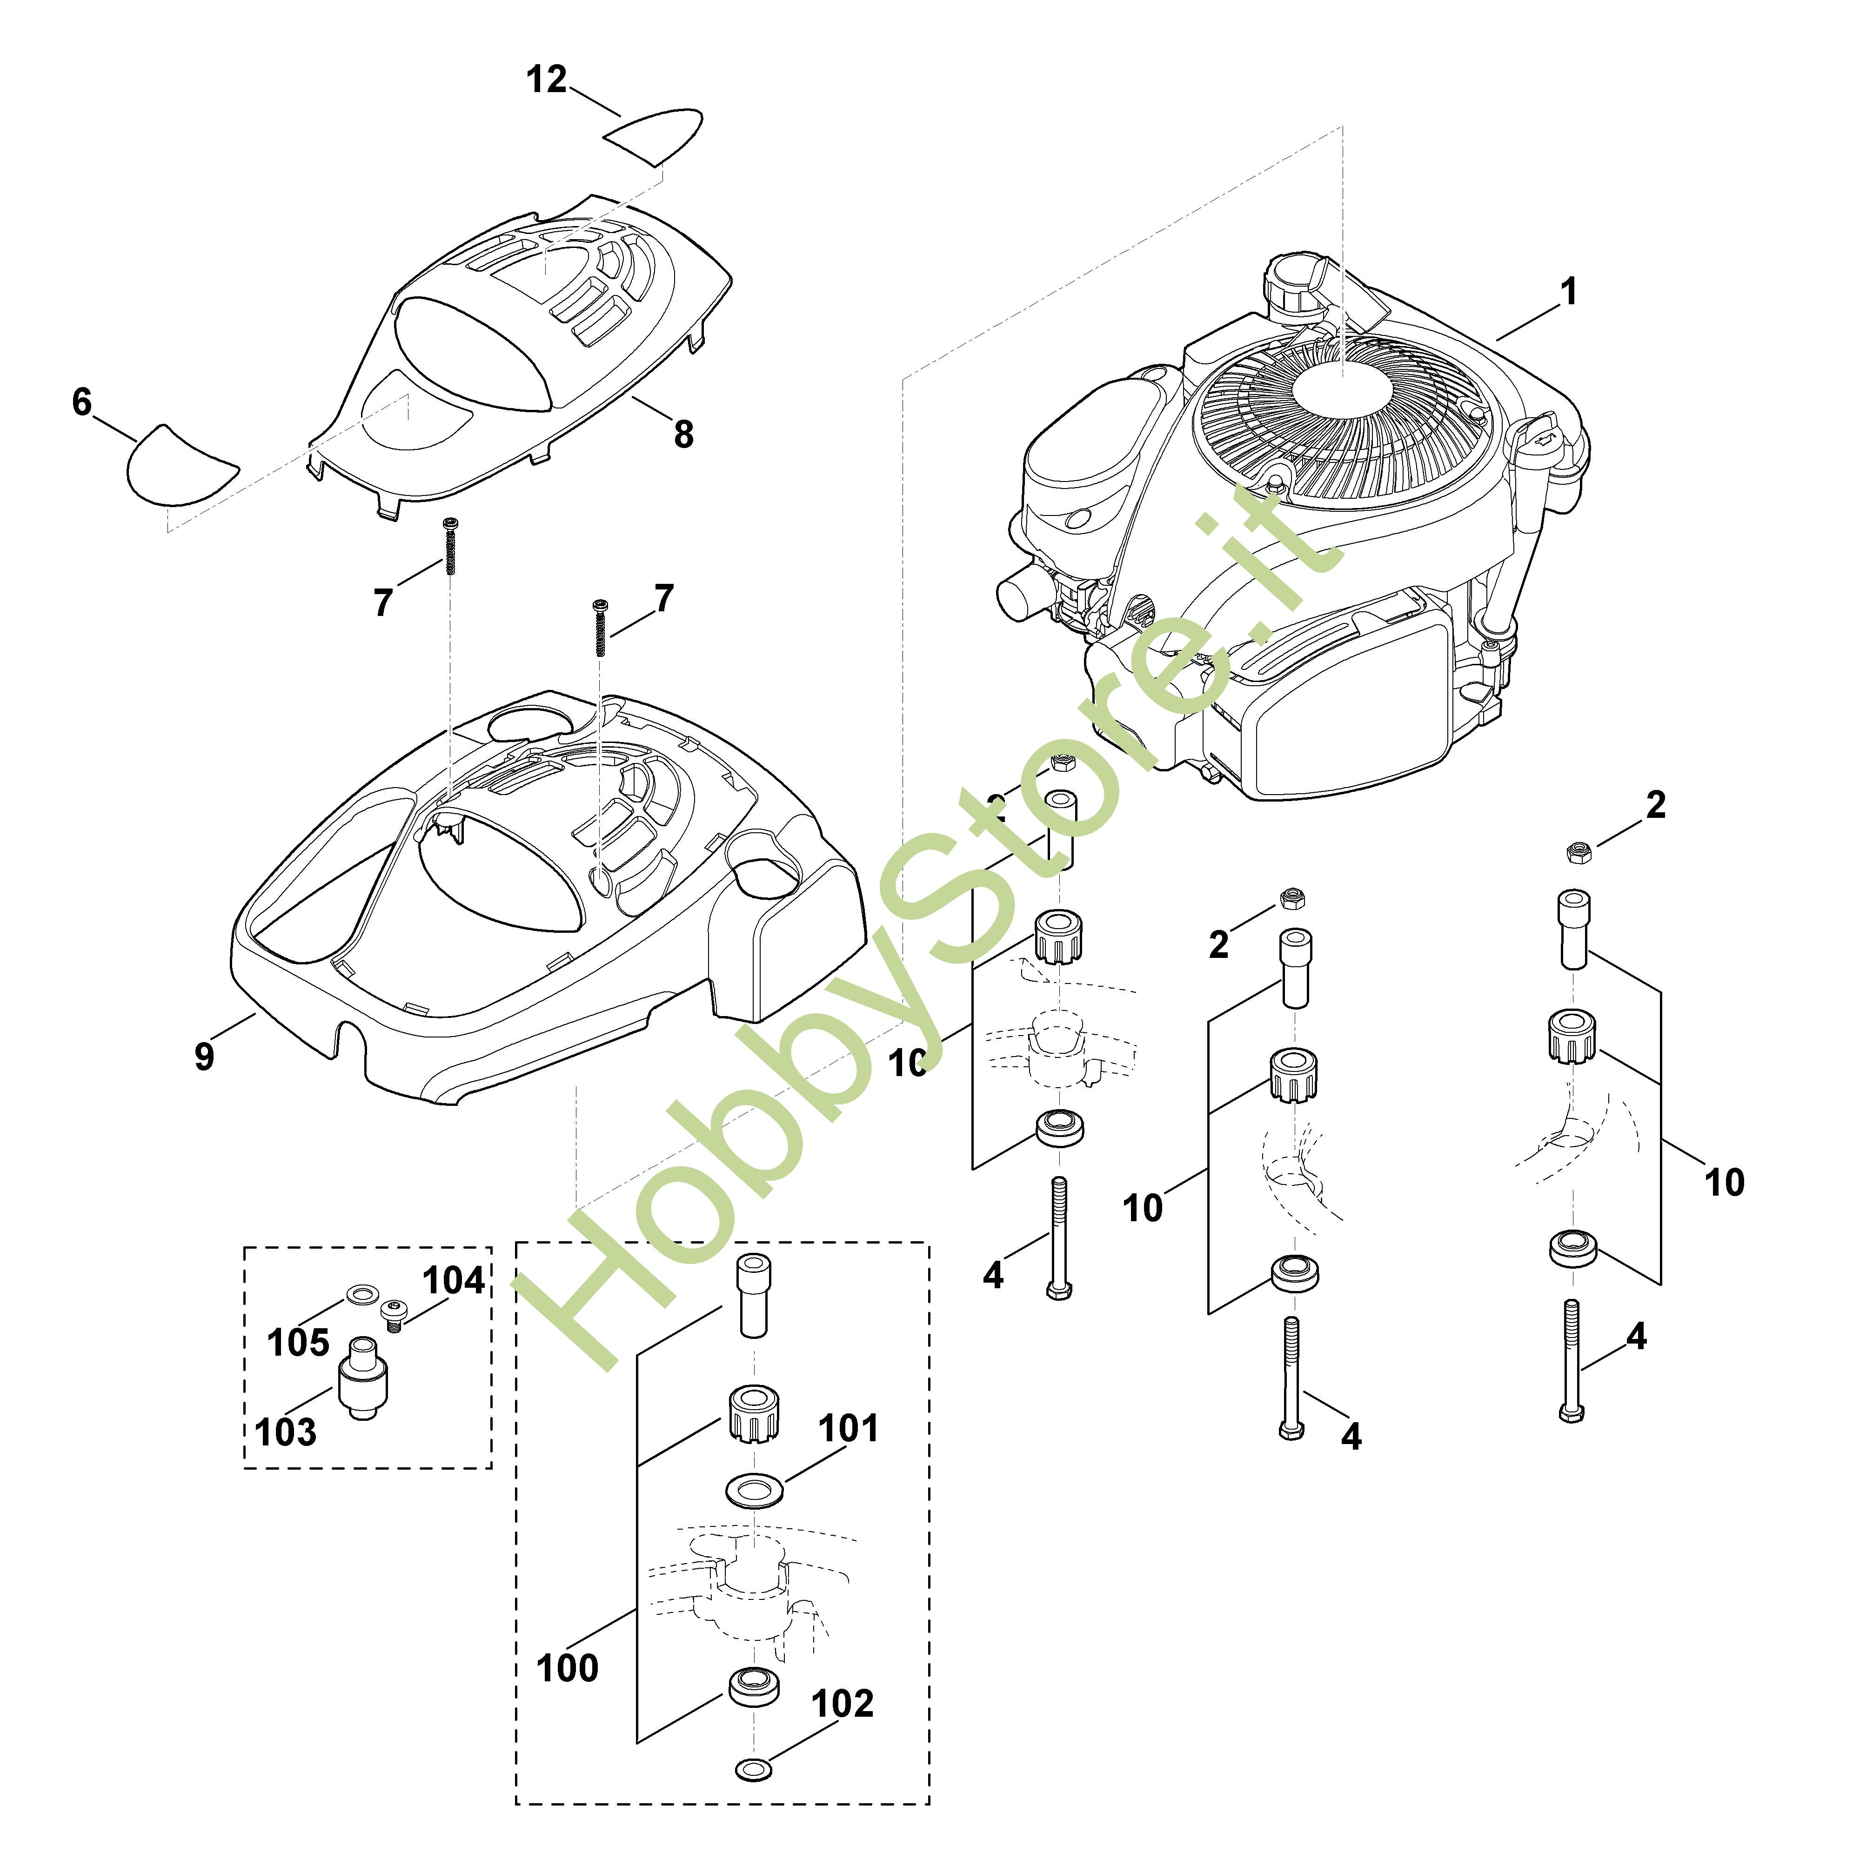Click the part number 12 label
[x=547, y=80]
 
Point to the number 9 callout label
[x=204, y=1056]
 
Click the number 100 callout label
[x=567, y=1668]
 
